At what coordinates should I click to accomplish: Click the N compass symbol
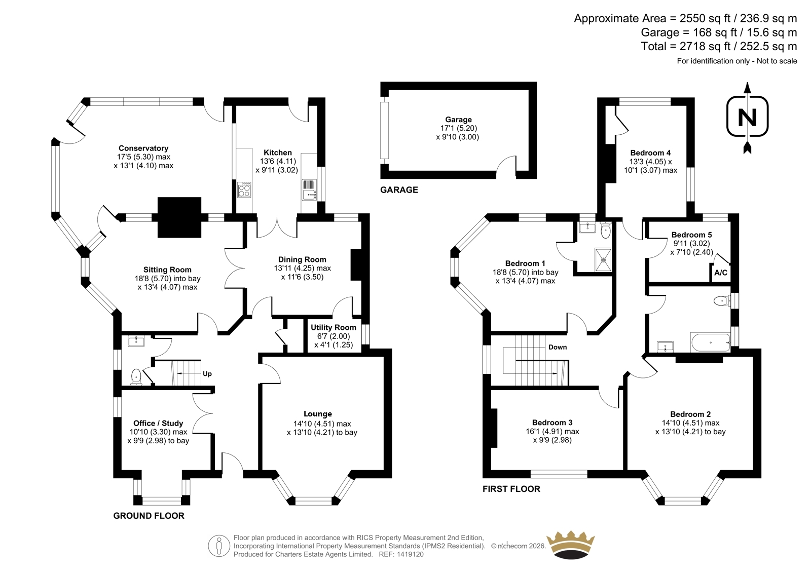[x=747, y=117]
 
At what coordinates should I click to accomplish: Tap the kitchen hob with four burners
[x=244, y=189]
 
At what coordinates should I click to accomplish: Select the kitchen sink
[x=309, y=189]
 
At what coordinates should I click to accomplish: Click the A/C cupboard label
[x=720, y=273]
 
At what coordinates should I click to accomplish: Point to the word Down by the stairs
[x=558, y=347]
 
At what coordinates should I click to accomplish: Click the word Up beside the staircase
[x=207, y=373]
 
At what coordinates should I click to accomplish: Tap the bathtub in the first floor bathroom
[x=710, y=342]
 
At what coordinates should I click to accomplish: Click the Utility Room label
[x=334, y=327]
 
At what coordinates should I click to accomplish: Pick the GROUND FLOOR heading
[x=149, y=516]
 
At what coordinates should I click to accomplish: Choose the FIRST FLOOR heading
[x=511, y=489]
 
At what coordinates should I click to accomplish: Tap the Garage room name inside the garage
[x=458, y=120]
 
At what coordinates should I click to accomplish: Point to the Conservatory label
[x=143, y=148]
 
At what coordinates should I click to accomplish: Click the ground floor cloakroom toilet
[x=136, y=376]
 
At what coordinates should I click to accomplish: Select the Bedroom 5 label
[x=691, y=235]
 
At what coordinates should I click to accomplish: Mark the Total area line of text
[x=719, y=46]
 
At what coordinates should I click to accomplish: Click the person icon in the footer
[x=218, y=546]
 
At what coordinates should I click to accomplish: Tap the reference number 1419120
[x=410, y=554]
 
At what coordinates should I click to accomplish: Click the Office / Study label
[x=158, y=423]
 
